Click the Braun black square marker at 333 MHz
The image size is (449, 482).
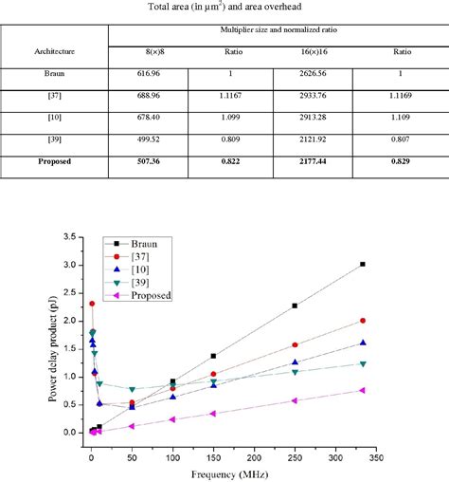click(363, 265)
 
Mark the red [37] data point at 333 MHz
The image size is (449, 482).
click(363, 321)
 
